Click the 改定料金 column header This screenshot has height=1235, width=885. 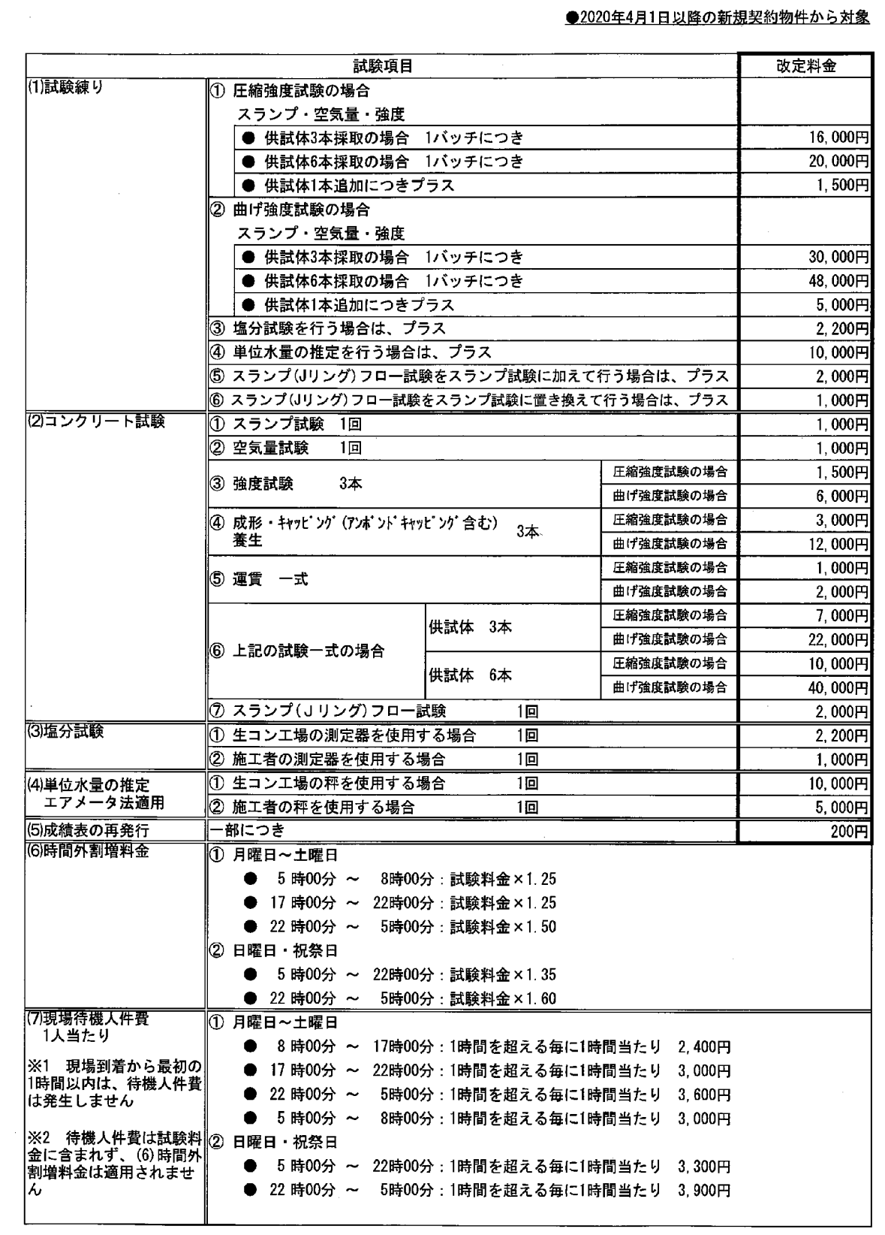[805, 66]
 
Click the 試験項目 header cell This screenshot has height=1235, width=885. [383, 66]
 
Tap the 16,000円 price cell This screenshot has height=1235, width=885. [839, 137]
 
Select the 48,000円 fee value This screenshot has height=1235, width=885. [839, 281]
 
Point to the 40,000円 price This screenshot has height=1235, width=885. [839, 687]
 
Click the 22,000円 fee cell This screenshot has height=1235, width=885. [839, 639]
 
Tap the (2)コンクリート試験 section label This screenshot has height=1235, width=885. [96, 421]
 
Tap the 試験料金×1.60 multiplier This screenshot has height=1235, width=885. [503, 998]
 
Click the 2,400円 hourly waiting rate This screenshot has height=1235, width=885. [704, 1046]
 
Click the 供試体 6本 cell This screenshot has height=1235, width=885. [470, 675]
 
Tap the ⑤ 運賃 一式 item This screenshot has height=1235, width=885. [260, 579]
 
